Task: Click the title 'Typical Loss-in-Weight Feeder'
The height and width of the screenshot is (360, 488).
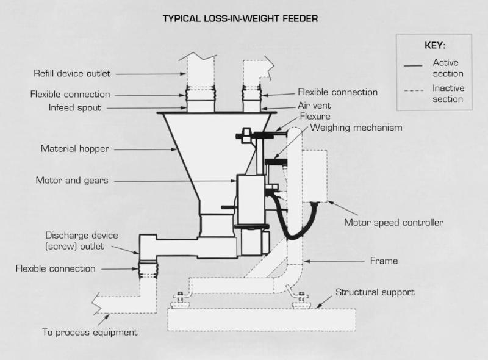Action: (x=240, y=18)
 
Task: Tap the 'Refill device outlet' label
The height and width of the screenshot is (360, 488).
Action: (x=72, y=74)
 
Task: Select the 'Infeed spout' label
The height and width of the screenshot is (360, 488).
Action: (x=75, y=108)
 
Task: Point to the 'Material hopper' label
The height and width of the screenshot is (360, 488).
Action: (x=75, y=148)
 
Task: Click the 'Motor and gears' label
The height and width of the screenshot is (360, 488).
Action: (x=73, y=181)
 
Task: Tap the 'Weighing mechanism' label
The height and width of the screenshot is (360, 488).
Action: (x=356, y=128)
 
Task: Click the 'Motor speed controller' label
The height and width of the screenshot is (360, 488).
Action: (x=393, y=222)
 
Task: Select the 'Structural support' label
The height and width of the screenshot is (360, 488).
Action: (x=375, y=292)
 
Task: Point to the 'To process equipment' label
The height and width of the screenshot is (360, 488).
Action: (x=90, y=333)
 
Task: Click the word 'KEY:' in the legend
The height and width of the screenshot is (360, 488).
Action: (x=434, y=46)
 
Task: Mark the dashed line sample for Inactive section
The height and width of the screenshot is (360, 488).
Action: (x=415, y=91)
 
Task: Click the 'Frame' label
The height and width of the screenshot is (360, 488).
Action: (x=384, y=261)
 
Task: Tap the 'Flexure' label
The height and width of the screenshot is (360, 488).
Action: (x=315, y=116)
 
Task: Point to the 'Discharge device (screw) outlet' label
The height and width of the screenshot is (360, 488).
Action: (x=82, y=240)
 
